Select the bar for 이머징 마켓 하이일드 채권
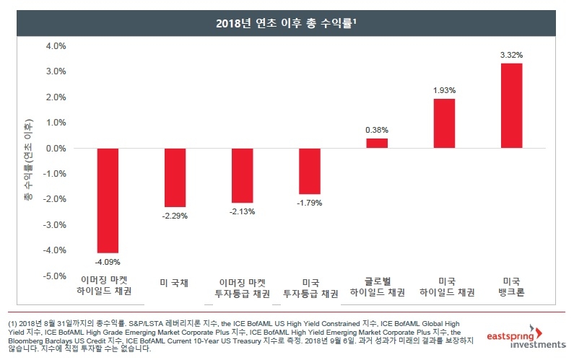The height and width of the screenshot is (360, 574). (108, 200)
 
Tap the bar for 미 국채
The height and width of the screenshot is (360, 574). (175, 177)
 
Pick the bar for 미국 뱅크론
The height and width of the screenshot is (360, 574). (511, 105)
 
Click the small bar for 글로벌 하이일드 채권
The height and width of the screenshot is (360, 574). (377, 143)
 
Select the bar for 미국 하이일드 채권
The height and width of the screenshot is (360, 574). (444, 123)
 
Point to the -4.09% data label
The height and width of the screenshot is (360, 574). (108, 260)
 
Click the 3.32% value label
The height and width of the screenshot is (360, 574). (511, 55)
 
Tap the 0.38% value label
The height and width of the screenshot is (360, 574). (377, 130)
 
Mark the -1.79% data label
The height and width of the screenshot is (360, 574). (310, 203)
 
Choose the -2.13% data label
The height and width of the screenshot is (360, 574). (243, 211)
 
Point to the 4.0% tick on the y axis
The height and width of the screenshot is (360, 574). (56, 45)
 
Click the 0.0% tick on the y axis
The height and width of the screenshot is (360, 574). (56, 148)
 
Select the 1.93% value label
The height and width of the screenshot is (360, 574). (444, 90)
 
